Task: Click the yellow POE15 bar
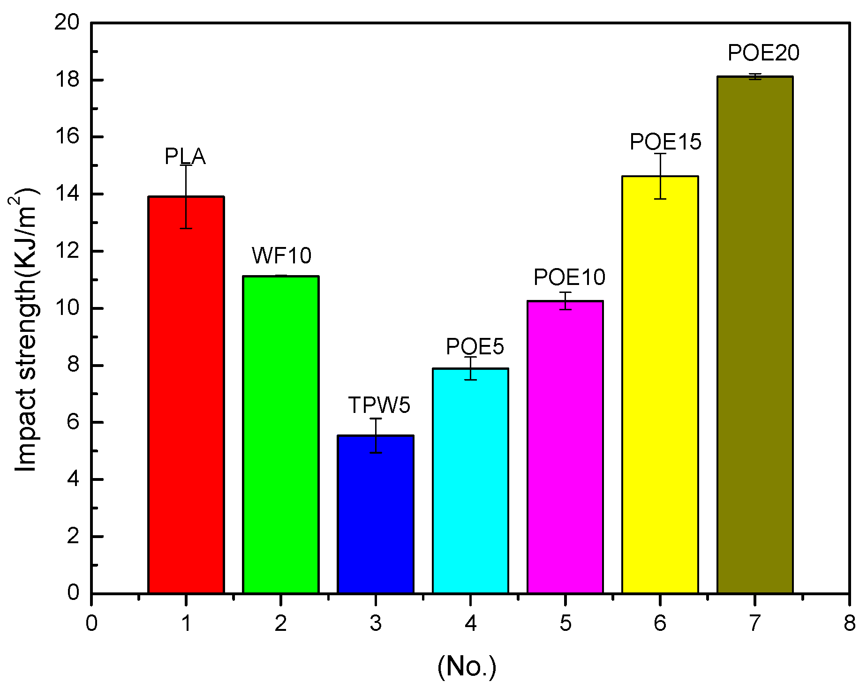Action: pyautogui.click(x=660, y=384)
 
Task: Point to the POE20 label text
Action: pyautogui.click(x=763, y=53)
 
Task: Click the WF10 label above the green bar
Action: pyautogui.click(x=281, y=256)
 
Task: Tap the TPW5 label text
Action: pyautogui.click(x=379, y=405)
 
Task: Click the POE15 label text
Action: pyautogui.click(x=665, y=142)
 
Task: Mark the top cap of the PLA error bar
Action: pyautogui.click(x=186, y=165)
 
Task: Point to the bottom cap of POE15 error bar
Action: pyautogui.click(x=660, y=199)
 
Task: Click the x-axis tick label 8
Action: pyautogui.click(x=849, y=623)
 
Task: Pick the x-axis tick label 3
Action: pyautogui.click(x=376, y=623)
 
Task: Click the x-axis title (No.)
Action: pyautogui.click(x=467, y=666)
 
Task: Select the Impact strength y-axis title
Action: pyautogui.click(x=26, y=330)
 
